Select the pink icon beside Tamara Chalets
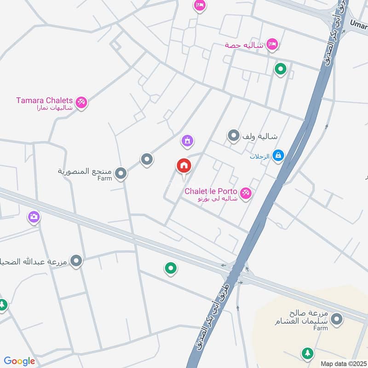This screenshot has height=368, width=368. click(81, 102)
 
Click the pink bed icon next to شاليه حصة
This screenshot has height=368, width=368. click(273, 44)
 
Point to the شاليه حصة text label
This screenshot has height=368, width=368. click(244, 45)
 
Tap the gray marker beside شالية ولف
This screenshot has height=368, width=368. click(234, 136)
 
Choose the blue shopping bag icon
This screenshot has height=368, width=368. click(278, 155)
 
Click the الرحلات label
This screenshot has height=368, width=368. click(259, 156)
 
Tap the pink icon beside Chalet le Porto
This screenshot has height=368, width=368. click(246, 193)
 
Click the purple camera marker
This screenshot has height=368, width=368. click(34, 216)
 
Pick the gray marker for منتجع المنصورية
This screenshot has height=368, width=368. click(121, 173)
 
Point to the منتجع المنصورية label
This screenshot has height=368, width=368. click(85, 171)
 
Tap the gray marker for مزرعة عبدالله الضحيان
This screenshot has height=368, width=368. click(76, 261)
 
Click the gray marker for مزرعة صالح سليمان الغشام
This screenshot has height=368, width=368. click(337, 318)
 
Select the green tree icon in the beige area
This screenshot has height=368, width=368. click(306, 353)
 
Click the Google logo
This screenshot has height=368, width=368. click(19, 361)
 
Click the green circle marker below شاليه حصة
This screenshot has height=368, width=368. click(280, 69)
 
